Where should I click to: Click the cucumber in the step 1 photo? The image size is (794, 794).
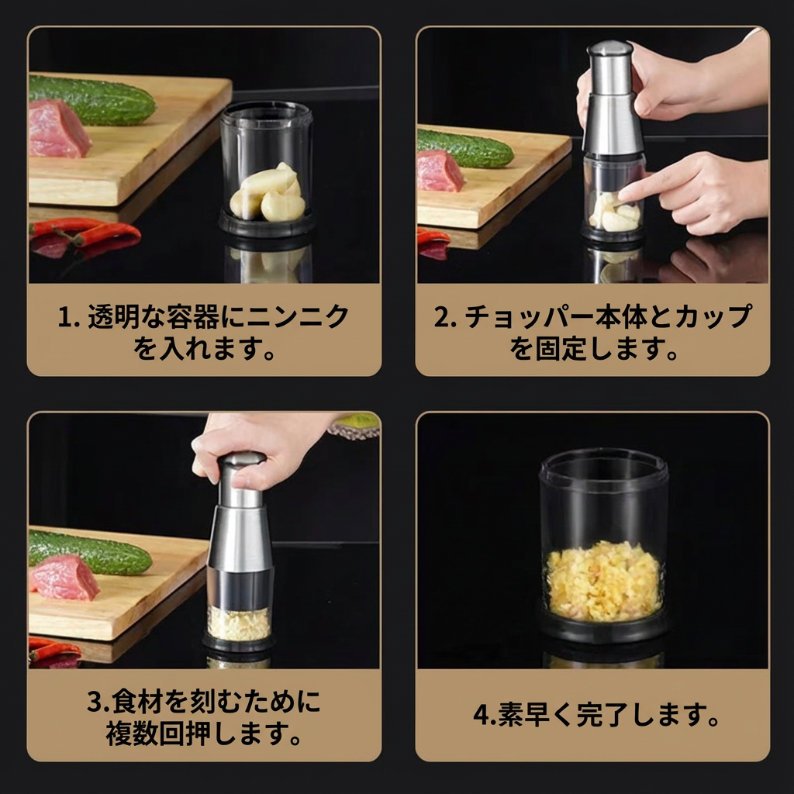point(93,100)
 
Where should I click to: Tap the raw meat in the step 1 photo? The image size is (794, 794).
point(59,129)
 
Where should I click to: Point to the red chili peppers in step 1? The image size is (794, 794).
point(85,232)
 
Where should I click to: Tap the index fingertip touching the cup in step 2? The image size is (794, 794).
point(627,190)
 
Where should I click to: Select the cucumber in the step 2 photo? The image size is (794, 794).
point(465,147)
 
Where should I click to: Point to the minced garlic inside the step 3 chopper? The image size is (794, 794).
point(239,622)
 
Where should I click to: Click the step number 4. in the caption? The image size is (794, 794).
point(484,714)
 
